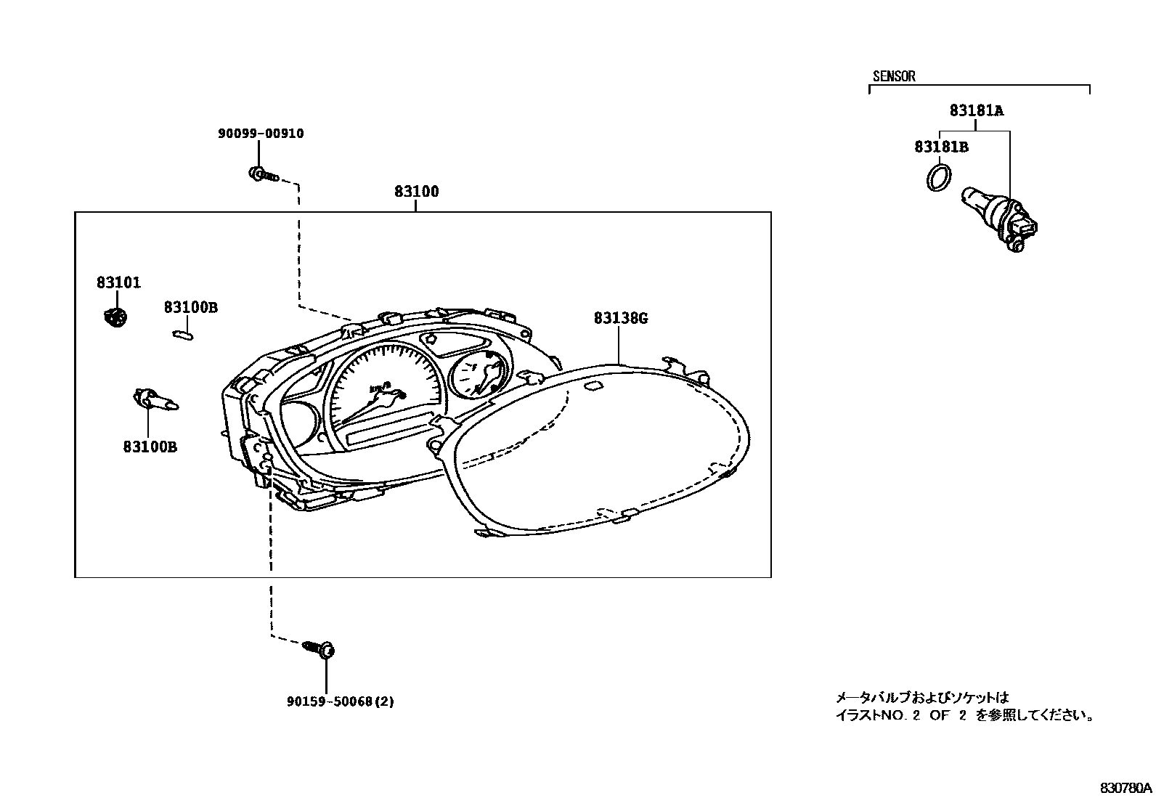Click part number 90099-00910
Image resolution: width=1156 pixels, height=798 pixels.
(261, 134)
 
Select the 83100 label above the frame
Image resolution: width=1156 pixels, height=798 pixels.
(416, 192)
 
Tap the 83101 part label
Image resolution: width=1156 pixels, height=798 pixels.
(118, 282)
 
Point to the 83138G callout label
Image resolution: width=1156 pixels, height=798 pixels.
(620, 318)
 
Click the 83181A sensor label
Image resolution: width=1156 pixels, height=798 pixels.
(976, 111)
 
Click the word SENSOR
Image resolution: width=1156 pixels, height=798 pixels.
(893, 76)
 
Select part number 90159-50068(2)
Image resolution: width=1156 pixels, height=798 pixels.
(340, 701)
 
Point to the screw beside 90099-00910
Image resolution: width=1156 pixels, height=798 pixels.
(263, 174)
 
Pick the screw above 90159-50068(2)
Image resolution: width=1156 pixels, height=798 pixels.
(321, 648)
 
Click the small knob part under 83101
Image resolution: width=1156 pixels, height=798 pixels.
(115, 317)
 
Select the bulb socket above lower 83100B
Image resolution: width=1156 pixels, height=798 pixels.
(154, 399)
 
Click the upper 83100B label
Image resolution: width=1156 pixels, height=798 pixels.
(190, 308)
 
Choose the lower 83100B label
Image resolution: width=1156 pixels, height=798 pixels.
(150, 447)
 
